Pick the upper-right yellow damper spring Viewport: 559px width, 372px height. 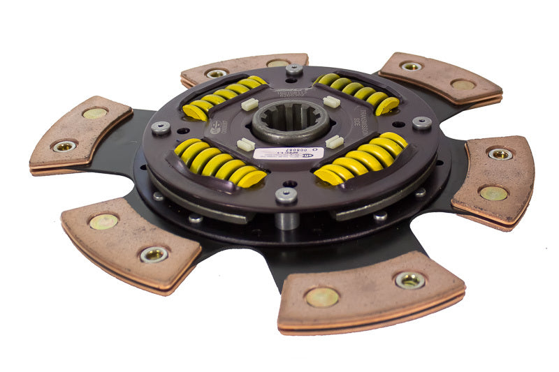pos(357,93)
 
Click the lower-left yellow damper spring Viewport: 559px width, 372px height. pos(212,163)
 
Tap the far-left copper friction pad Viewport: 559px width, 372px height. pos(80,133)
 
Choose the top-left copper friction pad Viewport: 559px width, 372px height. pos(244,68)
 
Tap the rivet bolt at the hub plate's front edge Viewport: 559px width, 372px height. pos(286,195)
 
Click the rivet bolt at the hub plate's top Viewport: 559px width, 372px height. pos(294,69)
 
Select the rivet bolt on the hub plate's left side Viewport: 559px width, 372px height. pos(161,127)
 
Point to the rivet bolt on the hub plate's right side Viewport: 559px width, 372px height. pos(421,123)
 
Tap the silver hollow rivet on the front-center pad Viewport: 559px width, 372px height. pos(409,280)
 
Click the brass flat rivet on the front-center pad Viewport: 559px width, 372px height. pos(321,297)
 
